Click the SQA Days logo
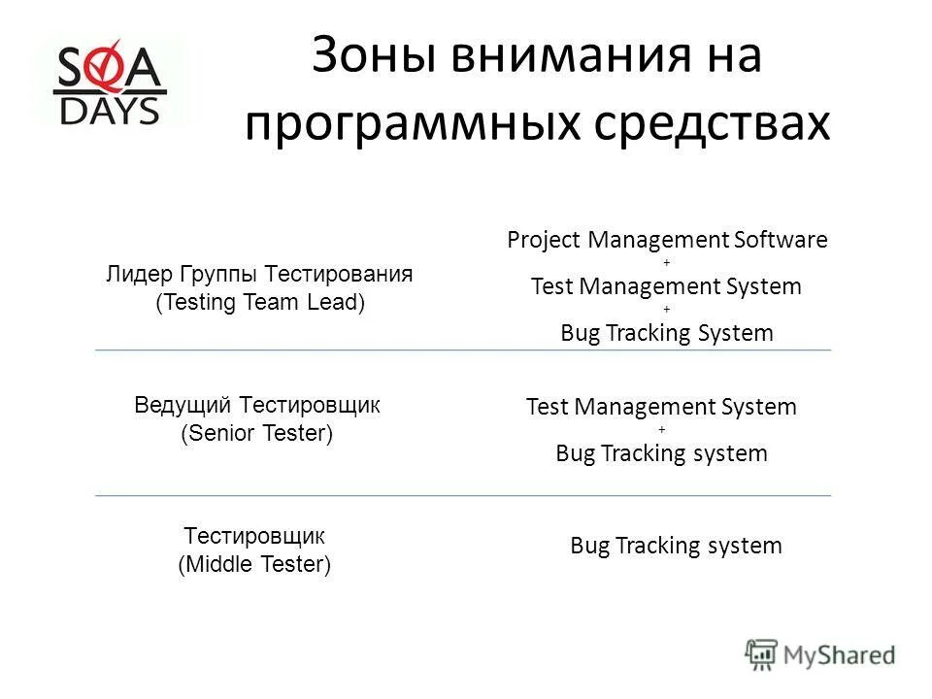(110, 82)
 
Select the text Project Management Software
(667, 241)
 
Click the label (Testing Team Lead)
(260, 302)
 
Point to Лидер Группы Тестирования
(259, 275)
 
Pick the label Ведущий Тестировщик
(257, 406)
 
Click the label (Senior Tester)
(257, 433)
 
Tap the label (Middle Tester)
(255, 564)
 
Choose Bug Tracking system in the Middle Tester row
(676, 546)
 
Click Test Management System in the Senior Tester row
(661, 407)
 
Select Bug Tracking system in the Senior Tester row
(661, 453)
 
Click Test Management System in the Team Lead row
(666, 286)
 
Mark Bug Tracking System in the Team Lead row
(667, 333)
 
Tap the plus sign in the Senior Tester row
(662, 430)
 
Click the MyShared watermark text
(840, 655)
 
